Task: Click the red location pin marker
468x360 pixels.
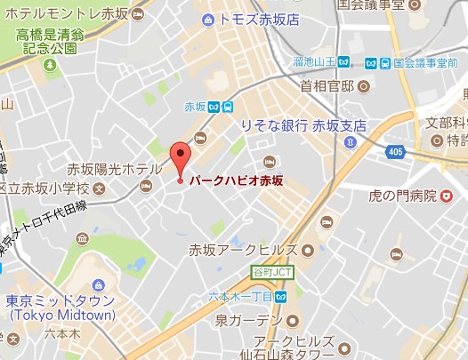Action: pos(180,157)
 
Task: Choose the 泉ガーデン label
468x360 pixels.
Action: pos(248,317)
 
